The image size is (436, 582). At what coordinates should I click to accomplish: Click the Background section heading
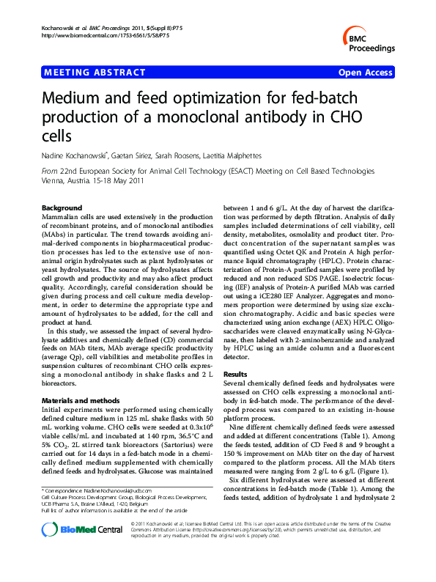tap(61, 209)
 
